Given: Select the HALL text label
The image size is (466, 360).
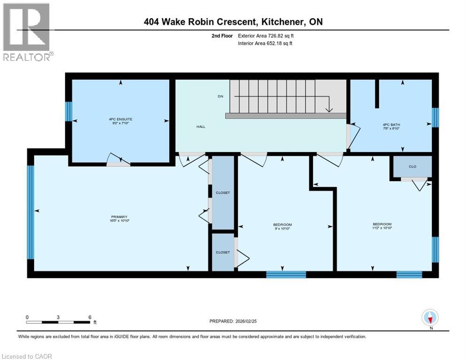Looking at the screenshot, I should [201, 127].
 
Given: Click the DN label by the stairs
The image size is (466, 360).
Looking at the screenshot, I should [220, 96].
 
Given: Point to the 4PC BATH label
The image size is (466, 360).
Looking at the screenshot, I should [391, 125].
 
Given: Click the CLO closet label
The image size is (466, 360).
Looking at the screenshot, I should [413, 166].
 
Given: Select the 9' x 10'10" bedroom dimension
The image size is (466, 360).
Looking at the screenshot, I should [283, 228].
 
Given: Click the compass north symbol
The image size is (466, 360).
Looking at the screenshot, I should [430, 317].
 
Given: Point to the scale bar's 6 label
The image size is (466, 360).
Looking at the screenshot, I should [90, 317].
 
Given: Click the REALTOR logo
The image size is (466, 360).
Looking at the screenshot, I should [27, 32].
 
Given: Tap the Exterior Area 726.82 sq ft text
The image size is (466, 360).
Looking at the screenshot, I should [266, 36].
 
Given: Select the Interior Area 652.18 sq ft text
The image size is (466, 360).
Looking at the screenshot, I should [266, 44].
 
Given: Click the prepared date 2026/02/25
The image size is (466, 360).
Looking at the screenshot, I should [250, 321].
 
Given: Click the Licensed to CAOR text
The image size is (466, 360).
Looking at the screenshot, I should [27, 356].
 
